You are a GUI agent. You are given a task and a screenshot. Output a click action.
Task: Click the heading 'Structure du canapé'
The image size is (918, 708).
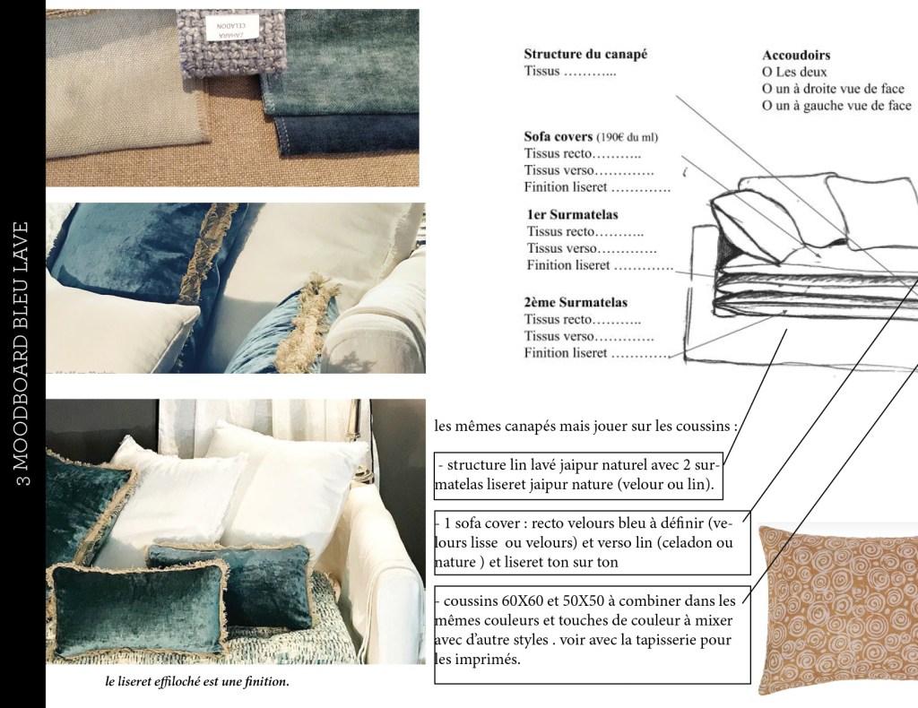coord(585,55)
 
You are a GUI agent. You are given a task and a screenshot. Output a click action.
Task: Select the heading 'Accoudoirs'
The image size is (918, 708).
coord(796,55)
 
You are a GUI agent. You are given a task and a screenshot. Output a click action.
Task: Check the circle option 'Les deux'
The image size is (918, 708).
coord(767,72)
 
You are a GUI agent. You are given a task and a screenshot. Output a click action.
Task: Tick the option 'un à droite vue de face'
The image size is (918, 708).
coord(767,89)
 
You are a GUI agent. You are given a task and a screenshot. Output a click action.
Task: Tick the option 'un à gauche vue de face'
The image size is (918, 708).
coord(767,106)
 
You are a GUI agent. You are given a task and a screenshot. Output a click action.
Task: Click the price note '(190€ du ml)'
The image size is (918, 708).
coord(627,137)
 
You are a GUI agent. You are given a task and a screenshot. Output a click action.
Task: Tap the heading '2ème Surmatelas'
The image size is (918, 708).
coord(576,303)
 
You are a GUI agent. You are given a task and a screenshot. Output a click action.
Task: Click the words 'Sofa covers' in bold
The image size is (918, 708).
coord(558,136)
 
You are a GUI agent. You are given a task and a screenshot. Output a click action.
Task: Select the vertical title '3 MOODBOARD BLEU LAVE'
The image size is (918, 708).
coord(22,354)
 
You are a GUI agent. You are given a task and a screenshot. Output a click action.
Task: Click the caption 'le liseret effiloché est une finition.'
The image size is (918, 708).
coord(197,682)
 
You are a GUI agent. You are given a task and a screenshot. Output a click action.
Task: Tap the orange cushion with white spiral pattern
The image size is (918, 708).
coord(838,609)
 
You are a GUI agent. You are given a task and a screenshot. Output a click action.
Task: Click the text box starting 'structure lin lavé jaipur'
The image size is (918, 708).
coord(578,475)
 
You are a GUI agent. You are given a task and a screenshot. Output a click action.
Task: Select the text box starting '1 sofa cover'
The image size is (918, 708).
coord(592,542)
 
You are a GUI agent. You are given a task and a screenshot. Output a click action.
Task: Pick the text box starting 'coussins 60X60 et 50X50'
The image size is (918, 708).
coord(592,635)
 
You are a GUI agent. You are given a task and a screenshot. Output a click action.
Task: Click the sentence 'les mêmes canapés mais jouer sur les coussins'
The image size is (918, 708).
coord(583,426)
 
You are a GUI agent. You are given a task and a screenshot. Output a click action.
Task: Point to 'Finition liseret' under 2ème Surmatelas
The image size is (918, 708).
coord(566,353)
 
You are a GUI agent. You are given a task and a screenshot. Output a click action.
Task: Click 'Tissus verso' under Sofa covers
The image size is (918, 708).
coord(559,170)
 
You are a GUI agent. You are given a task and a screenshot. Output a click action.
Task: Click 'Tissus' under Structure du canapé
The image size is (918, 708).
coord(541,72)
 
